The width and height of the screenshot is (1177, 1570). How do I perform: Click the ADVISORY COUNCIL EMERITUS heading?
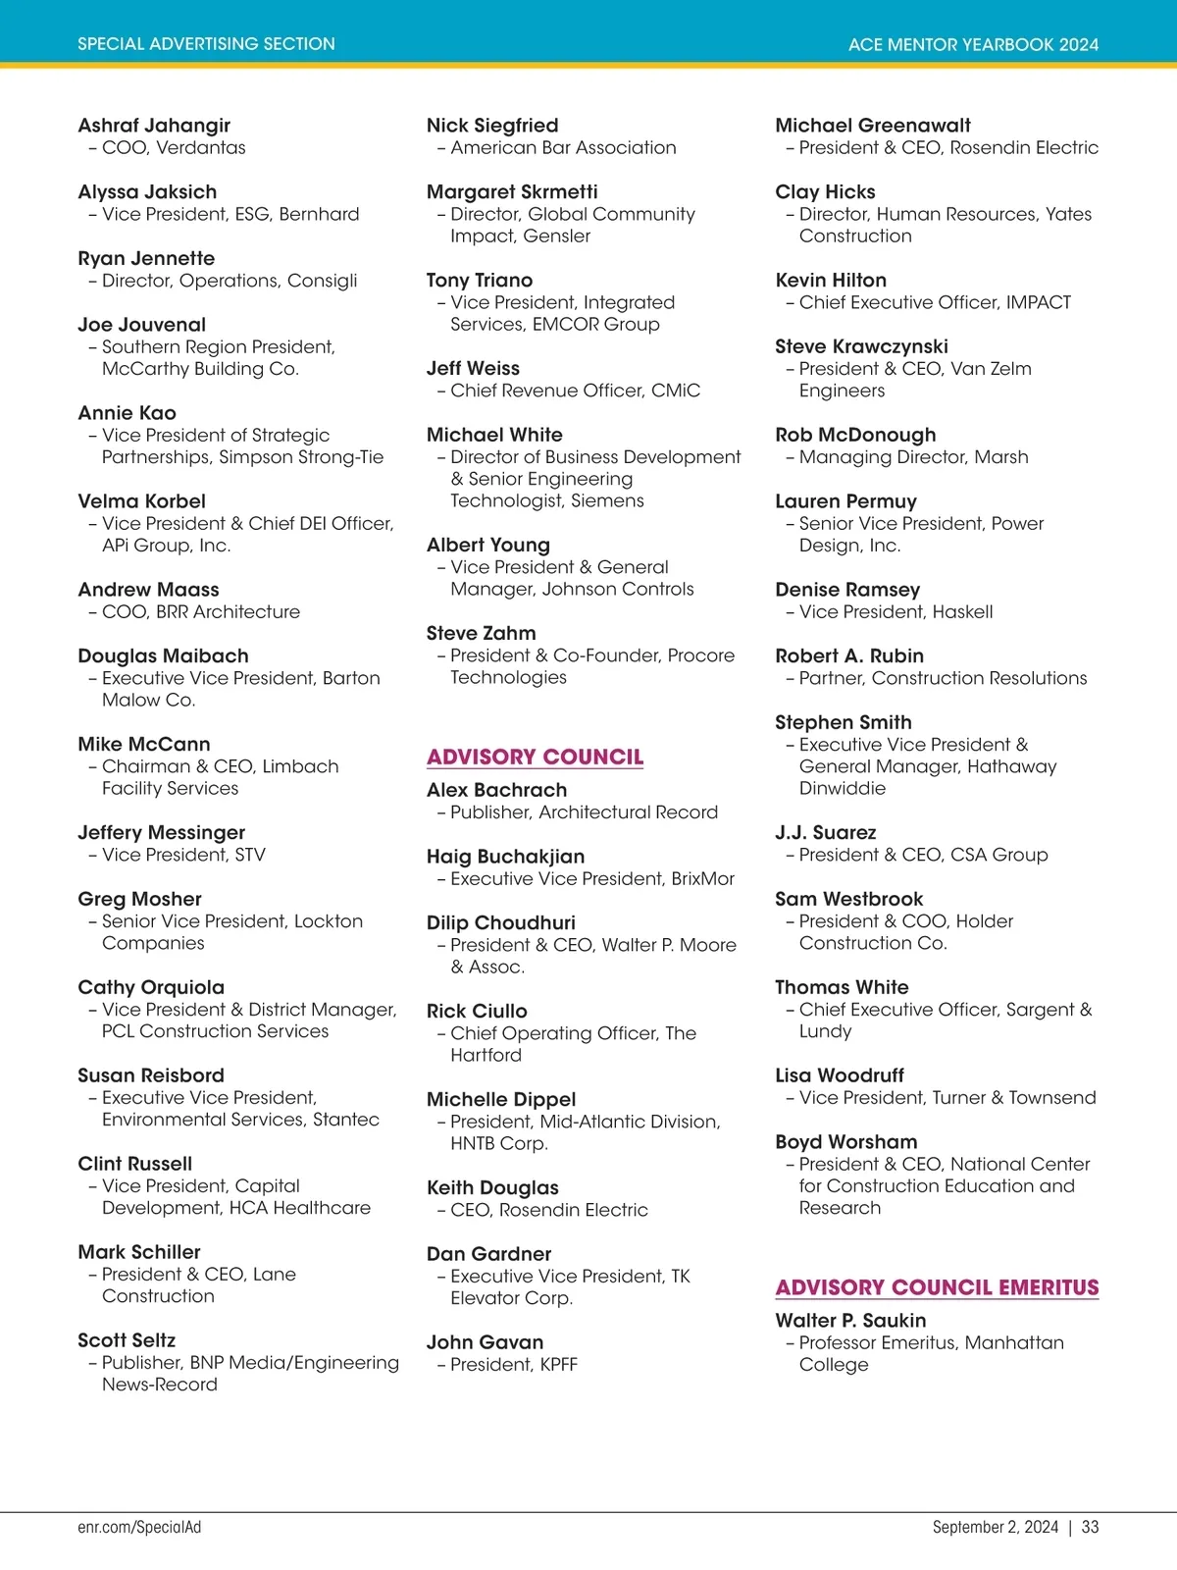pos(937,1287)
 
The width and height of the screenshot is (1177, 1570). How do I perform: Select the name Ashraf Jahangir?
pos(154,126)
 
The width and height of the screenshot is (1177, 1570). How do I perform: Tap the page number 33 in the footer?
pos(1090,1527)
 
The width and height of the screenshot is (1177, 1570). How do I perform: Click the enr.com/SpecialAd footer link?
pos(139,1527)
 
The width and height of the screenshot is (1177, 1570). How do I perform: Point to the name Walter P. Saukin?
pos(850,1321)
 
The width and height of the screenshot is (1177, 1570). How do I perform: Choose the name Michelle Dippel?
pos(501,1100)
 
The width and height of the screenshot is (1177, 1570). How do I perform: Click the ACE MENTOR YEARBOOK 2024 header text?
pos(973,44)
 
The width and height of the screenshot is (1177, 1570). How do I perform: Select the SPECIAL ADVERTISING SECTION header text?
pos(206,44)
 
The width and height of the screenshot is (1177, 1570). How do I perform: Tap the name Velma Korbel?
pos(141,501)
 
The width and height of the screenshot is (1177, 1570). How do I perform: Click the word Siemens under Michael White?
pos(607,500)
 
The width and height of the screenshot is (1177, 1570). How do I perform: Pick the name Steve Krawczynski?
pos(861,346)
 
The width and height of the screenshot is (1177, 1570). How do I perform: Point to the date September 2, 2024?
pos(995,1527)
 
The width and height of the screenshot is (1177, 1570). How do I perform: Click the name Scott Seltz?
pos(127,1340)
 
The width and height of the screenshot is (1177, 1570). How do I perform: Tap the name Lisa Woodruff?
pos(840,1075)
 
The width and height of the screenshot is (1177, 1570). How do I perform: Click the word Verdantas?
pos(201,148)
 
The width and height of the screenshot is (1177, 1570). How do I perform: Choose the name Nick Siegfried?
pos(492,126)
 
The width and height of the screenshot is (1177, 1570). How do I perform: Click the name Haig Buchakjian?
pos(505,857)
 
